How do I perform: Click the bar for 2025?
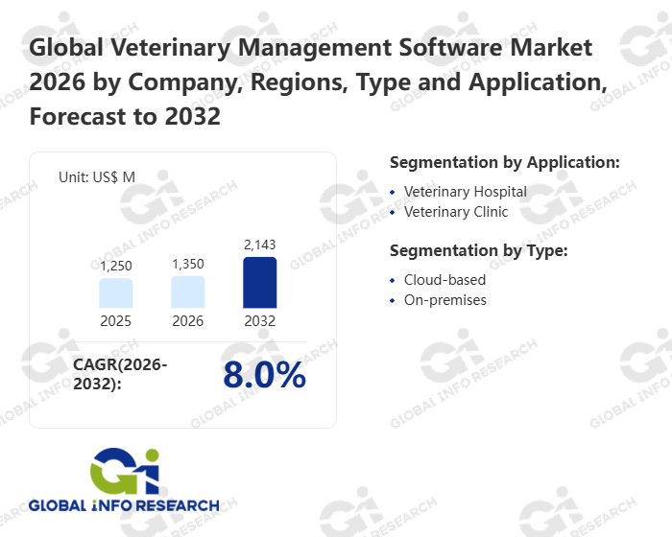[x=115, y=293]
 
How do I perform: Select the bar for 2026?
[x=188, y=292]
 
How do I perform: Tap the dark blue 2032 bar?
[x=260, y=283]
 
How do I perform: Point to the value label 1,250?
[x=115, y=266]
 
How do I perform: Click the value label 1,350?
[x=188, y=264]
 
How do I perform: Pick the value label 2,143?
[x=260, y=245]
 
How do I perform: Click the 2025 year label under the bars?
[x=115, y=321]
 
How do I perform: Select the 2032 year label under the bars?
[x=260, y=321]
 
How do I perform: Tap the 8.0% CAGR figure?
[x=264, y=375]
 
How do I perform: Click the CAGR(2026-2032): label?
[x=120, y=374]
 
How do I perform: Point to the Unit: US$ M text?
[x=97, y=176]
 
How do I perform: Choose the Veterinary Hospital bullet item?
[x=465, y=192]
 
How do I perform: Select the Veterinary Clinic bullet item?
[x=456, y=212]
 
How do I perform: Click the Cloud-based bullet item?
[x=444, y=280]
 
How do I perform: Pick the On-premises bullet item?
[x=444, y=300]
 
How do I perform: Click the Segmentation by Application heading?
[x=504, y=162]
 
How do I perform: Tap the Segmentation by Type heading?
[x=478, y=251]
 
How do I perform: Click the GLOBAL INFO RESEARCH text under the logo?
[x=124, y=505]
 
